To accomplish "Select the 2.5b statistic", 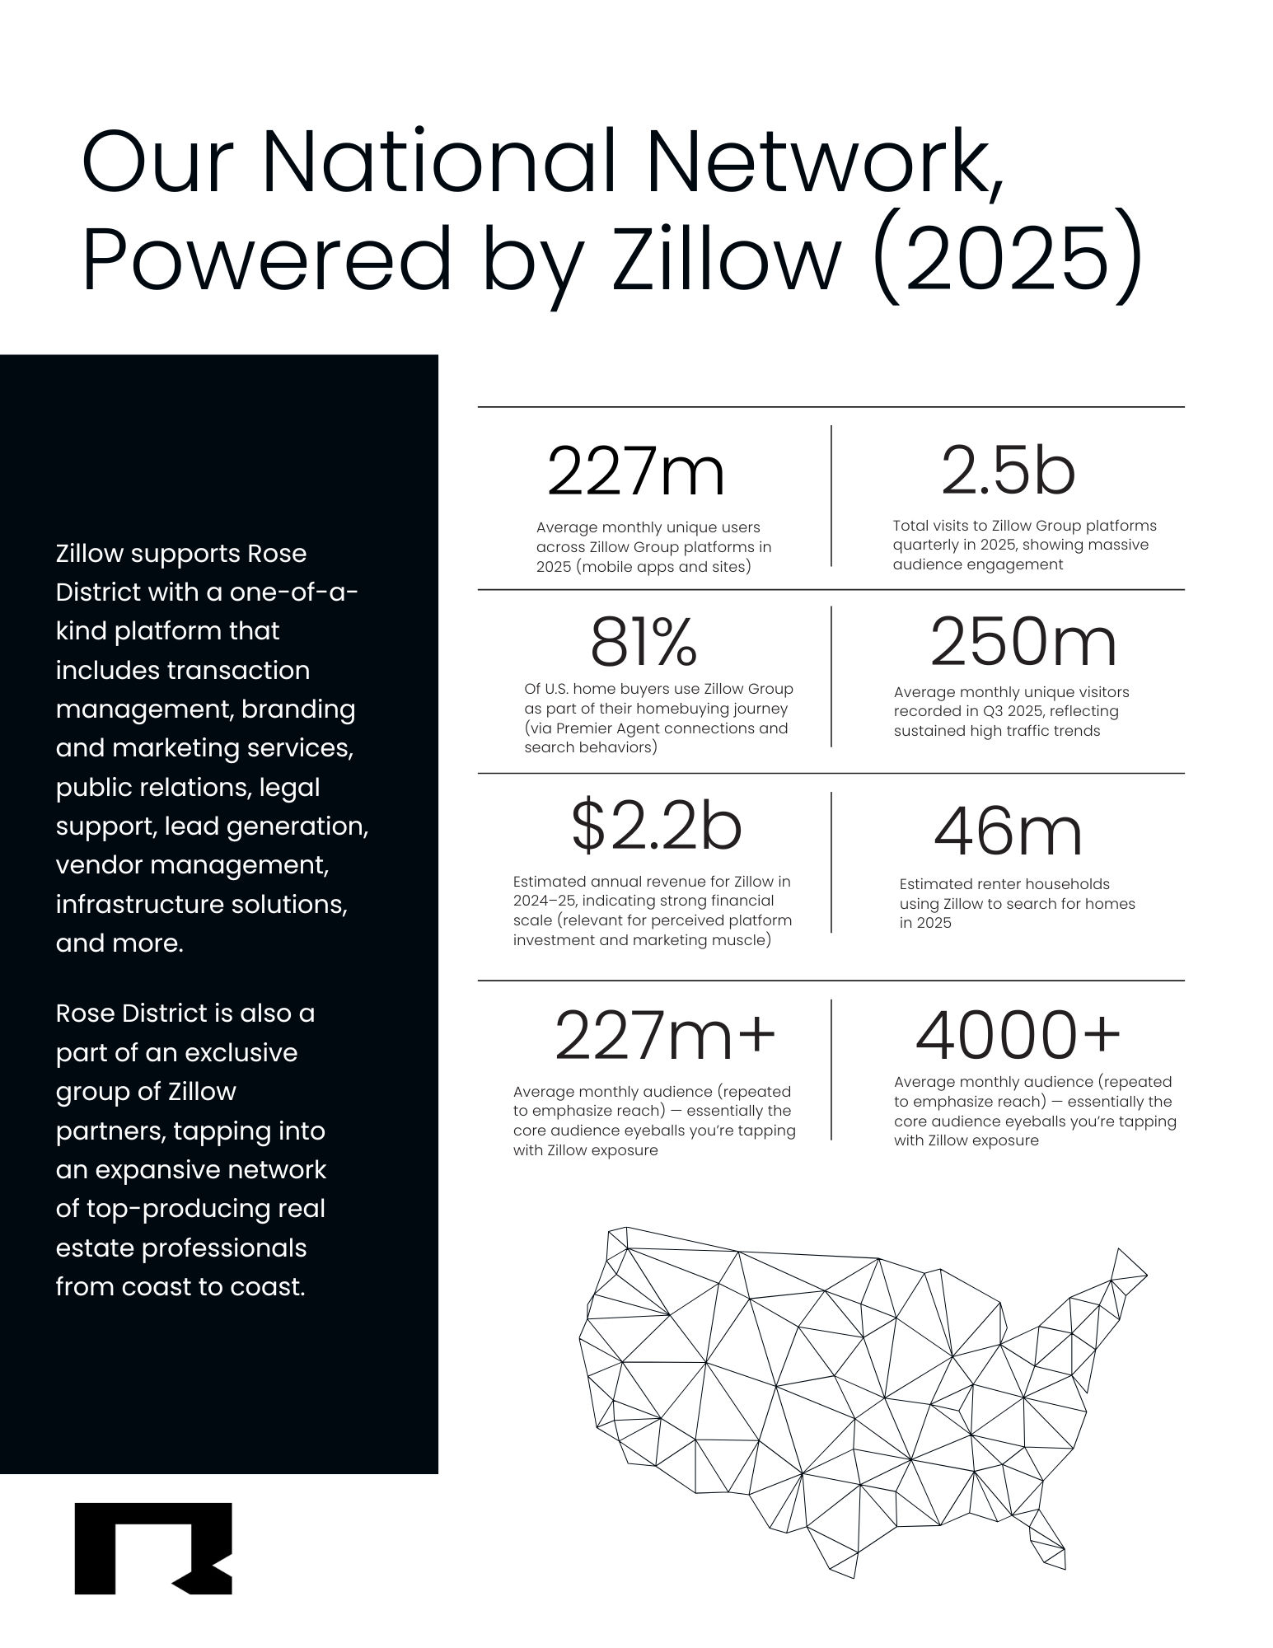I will (x=1008, y=472).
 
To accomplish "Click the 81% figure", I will (x=644, y=644).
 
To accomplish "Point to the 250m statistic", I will (x=1023, y=643).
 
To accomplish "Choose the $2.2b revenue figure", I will (x=657, y=828).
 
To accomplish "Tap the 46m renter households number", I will (x=1007, y=833).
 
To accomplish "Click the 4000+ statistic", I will (x=1018, y=1036).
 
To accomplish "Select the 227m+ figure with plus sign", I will (x=665, y=1037).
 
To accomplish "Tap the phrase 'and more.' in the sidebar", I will (x=119, y=943).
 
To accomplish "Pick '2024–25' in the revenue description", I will (x=546, y=901).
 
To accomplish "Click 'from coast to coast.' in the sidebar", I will (x=180, y=1286).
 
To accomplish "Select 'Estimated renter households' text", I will (x=1004, y=884).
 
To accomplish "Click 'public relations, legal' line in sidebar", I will (x=188, y=787).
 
